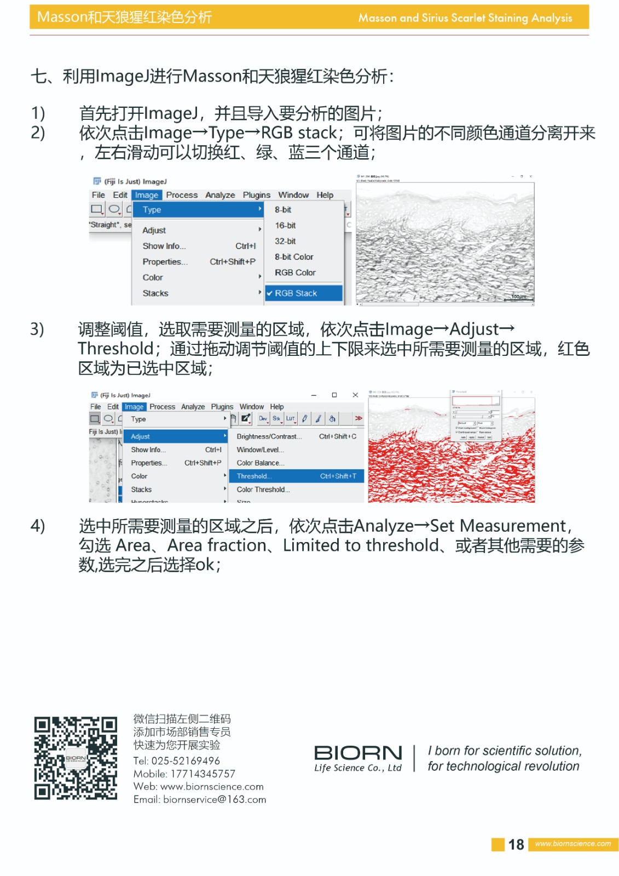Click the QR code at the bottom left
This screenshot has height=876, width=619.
tap(76, 758)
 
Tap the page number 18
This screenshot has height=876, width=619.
tap(516, 844)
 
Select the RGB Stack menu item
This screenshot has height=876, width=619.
tap(296, 293)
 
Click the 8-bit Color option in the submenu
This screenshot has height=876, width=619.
tap(294, 257)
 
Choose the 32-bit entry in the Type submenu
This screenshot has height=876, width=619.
tap(285, 241)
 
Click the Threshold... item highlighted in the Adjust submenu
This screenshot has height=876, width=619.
tap(254, 476)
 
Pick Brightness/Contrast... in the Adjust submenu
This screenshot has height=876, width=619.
tap(269, 436)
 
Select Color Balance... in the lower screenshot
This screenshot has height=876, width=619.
tap(260, 463)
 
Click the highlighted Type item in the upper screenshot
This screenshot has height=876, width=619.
tap(152, 210)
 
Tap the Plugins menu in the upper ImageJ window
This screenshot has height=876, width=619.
tap(256, 195)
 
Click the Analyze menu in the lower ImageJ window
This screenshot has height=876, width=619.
tap(193, 407)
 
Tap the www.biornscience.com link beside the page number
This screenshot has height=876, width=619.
tap(572, 844)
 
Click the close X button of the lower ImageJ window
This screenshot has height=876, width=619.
tap(355, 395)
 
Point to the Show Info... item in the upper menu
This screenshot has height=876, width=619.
tap(164, 246)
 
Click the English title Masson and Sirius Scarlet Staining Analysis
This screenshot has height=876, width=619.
tap(465, 18)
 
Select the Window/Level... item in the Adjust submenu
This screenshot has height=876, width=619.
tap(260, 450)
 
